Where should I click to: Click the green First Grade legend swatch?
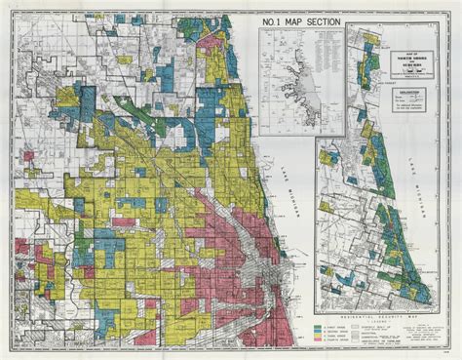pos(321,318)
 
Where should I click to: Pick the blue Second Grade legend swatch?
pos(321,324)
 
